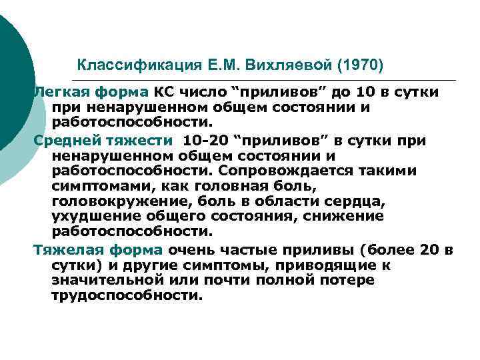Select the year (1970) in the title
point(361,65)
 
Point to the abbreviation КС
point(163,92)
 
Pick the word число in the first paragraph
point(199,92)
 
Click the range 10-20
point(204,141)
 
